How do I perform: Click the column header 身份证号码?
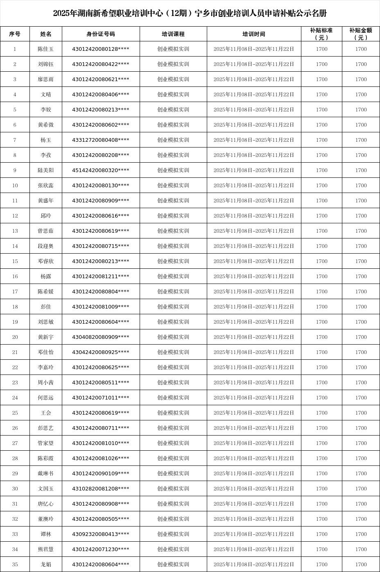[101, 34]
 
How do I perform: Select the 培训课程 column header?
[173, 34]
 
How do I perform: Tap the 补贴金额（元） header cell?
[361, 34]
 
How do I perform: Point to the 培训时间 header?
[254, 34]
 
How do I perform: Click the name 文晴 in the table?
[46, 94]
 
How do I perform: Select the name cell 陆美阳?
[46, 170]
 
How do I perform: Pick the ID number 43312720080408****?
[101, 140]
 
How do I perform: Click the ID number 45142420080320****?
[101, 170]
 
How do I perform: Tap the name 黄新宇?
[46, 337]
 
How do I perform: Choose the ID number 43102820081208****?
[101, 488]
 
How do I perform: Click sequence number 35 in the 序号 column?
[15, 564]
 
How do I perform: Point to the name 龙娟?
[46, 564]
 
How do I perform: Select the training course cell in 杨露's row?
[173, 276]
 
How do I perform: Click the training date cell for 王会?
[254, 413]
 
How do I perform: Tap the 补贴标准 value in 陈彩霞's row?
[321, 458]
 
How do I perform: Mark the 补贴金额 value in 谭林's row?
[361, 534]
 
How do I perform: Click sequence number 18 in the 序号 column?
[15, 306]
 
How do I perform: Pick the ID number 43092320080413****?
[101, 534]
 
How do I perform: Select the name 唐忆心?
[46, 504]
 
